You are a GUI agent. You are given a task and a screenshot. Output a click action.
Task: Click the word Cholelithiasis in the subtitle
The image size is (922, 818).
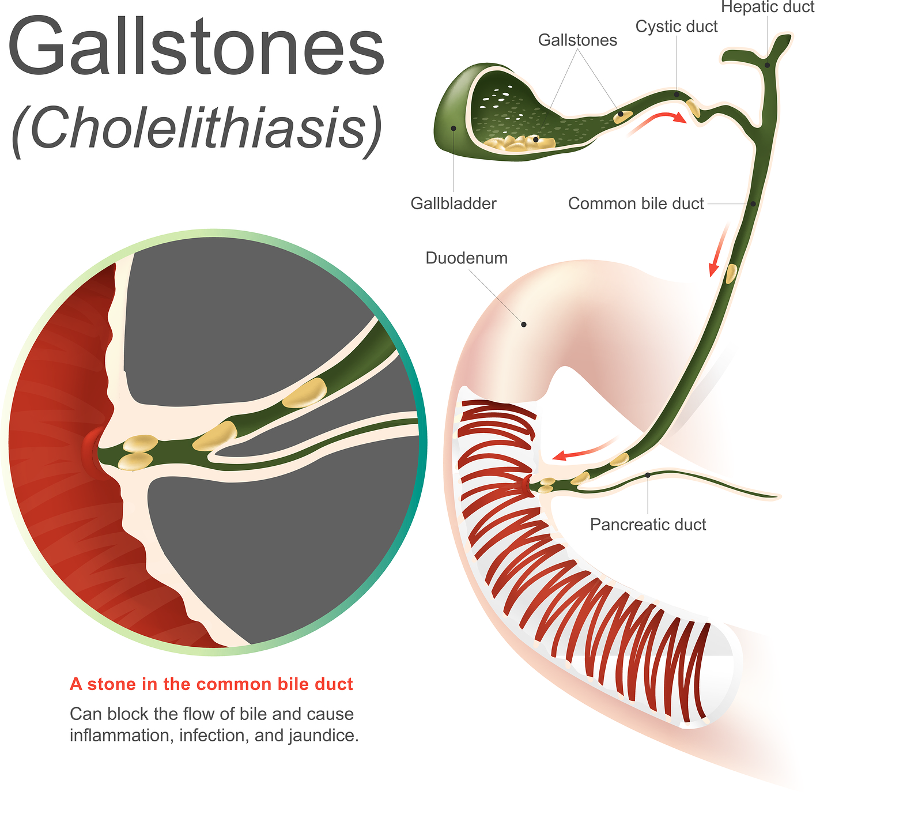[196, 128]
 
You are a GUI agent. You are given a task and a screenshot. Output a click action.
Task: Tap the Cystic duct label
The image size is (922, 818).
[677, 27]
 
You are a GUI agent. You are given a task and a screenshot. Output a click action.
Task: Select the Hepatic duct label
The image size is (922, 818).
[768, 7]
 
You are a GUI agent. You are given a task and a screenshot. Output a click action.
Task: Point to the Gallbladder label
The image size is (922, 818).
[454, 203]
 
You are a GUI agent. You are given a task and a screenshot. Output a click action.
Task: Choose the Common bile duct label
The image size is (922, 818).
[636, 203]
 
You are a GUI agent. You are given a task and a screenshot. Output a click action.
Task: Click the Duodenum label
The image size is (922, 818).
[467, 258]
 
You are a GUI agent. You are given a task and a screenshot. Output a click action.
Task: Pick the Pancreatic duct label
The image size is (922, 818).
[648, 525]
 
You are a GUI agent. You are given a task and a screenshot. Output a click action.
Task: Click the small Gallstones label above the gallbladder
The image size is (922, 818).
[577, 40]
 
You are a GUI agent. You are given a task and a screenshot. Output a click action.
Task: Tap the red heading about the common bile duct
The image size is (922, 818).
[211, 684]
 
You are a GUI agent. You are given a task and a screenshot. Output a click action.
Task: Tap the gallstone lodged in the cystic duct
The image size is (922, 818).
[693, 108]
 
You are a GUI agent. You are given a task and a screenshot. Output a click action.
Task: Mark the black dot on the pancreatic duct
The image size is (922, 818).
[648, 475]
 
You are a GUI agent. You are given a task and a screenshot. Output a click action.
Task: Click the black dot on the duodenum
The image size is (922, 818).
[524, 325]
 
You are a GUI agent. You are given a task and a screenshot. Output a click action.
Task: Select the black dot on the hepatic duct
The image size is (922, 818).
[768, 65]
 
